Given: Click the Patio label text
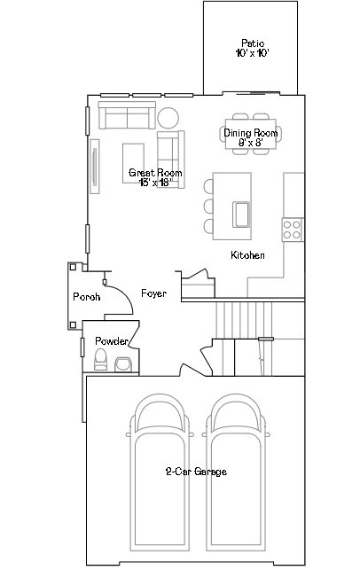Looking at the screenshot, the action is [253, 43].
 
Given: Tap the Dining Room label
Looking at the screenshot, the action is [251, 133].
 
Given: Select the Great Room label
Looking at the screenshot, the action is [155, 173].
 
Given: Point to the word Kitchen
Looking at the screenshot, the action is [247, 255].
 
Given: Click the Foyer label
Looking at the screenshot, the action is [153, 293].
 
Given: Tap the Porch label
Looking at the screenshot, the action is [87, 297].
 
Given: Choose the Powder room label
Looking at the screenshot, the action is [112, 341].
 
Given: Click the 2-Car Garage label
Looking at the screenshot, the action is [196, 472].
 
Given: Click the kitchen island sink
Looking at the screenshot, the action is [241, 215].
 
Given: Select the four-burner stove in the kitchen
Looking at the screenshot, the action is [293, 230].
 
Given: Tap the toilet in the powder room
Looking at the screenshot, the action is [100, 360].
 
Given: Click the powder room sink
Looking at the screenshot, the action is [123, 364].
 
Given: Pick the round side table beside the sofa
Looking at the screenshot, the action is [168, 118].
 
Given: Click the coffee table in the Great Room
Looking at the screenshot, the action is [134, 163].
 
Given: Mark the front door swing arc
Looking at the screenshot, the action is [125, 295].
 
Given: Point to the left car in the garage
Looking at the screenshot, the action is [160, 472].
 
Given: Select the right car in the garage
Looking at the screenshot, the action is [237, 472].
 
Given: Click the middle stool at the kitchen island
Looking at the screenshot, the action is [208, 207].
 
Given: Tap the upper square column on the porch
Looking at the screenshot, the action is [73, 267].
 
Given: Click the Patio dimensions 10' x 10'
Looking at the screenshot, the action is [253, 53].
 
